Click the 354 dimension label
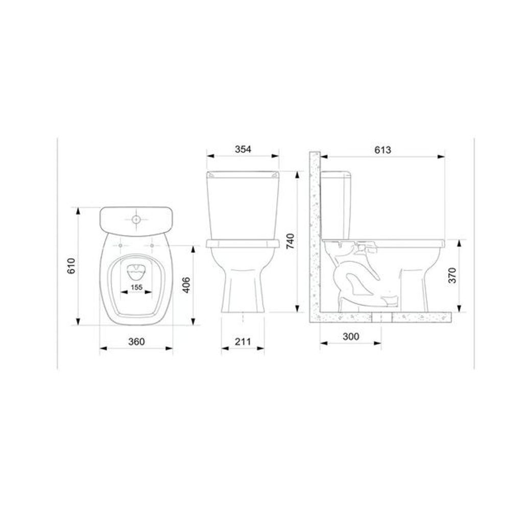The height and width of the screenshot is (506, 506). click(x=243, y=150)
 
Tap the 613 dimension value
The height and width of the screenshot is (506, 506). click(x=383, y=150)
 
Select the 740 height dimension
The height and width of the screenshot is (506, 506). click(x=291, y=241)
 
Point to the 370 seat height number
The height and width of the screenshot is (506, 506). click(x=453, y=275)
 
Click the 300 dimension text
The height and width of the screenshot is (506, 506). click(x=351, y=336)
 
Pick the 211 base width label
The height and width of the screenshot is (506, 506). click(x=243, y=342)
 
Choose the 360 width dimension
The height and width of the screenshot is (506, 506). click(x=136, y=342)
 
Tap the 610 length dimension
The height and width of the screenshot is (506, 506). click(x=71, y=266)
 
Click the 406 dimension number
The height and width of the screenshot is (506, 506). click(x=186, y=285)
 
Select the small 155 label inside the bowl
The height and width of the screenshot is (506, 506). click(x=136, y=287)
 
